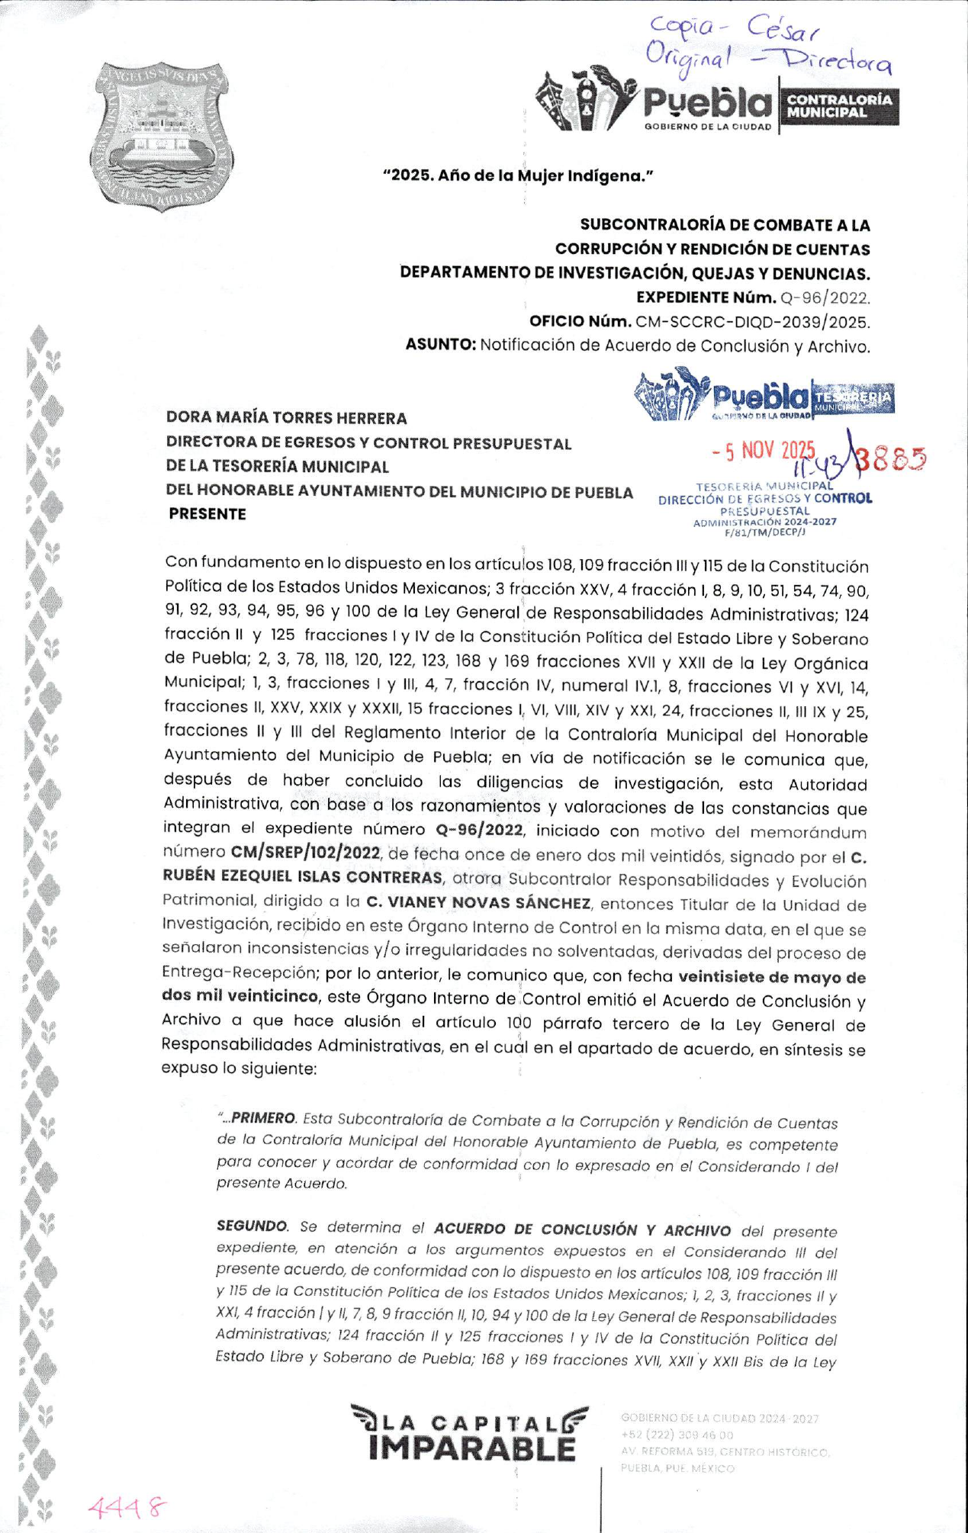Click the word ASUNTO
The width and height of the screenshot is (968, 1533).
[440, 345]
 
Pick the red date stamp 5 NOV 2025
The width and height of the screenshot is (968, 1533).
[764, 451]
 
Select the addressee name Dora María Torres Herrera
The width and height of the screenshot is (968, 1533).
[286, 418]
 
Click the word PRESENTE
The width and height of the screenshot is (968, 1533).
[207, 514]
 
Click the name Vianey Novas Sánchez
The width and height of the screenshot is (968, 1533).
[478, 903]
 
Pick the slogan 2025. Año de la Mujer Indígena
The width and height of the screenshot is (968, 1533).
[518, 176]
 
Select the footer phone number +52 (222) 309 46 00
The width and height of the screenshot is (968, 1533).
[677, 1435]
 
